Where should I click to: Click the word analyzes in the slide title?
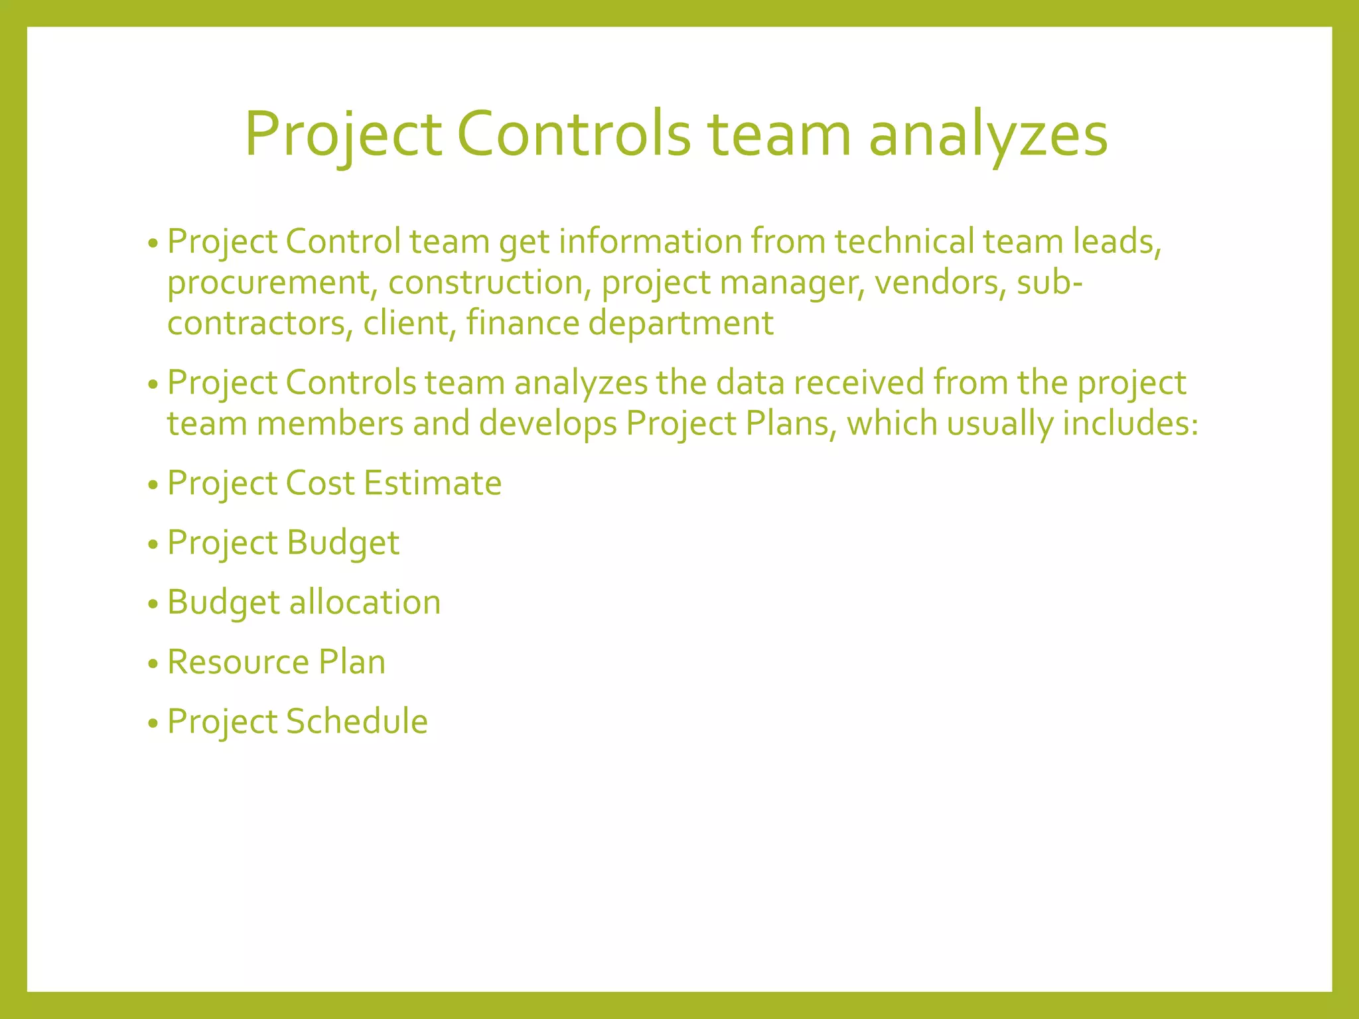coord(988,135)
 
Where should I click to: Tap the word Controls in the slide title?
coord(574,135)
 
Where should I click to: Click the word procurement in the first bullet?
coord(268,283)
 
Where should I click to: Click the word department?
coord(681,324)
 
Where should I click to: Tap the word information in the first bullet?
coord(650,241)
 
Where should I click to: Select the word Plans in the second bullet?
coord(787,424)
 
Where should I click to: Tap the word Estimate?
coord(432,483)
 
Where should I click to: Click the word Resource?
coord(238,662)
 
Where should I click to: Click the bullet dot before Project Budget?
coord(153,545)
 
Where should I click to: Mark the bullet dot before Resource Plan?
coord(153,664)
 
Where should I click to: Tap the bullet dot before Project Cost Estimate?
coord(153,486)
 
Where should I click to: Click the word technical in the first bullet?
coord(904,241)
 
